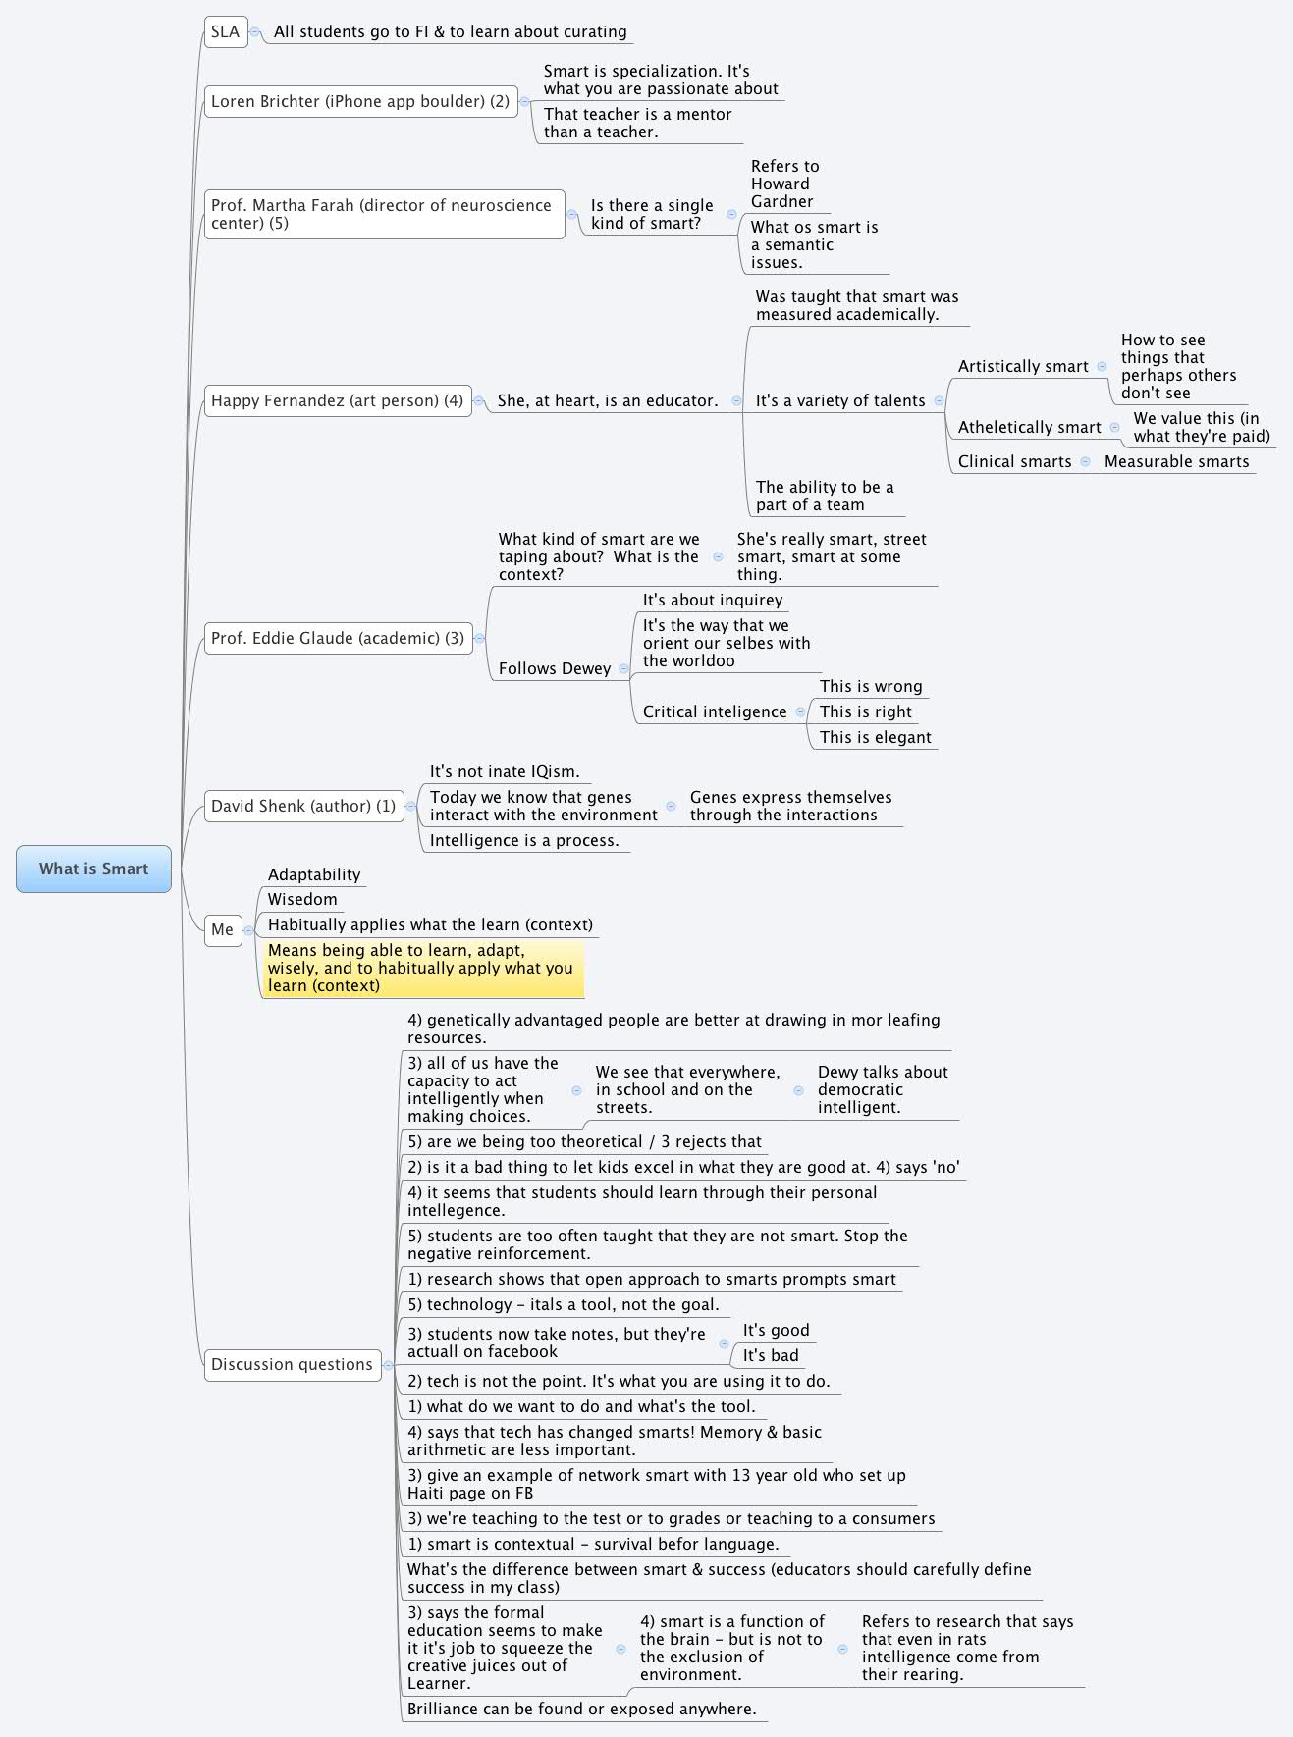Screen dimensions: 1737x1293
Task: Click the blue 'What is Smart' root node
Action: (93, 868)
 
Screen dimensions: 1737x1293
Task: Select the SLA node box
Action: (225, 31)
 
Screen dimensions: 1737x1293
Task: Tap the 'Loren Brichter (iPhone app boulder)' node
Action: (360, 101)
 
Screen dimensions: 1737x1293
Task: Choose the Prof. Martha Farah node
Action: (384, 214)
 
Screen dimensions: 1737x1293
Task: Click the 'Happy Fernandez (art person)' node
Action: (337, 400)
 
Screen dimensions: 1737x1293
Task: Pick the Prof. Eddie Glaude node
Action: (338, 638)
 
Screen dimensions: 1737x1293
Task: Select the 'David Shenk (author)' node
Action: (303, 806)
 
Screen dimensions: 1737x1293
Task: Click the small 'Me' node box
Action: (223, 929)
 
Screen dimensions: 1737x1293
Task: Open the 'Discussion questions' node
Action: (292, 1364)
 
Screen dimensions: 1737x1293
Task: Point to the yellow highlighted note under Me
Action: (422, 968)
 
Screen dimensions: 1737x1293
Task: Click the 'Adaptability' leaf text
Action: (314, 874)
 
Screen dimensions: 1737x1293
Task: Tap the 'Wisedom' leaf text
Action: (302, 899)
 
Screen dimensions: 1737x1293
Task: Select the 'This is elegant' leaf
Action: (875, 737)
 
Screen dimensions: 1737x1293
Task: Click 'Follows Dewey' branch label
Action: (555, 668)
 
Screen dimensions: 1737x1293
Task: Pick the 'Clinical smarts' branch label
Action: (1014, 461)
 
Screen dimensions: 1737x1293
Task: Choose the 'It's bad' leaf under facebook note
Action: (771, 1355)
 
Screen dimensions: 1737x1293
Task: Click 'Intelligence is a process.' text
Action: (524, 840)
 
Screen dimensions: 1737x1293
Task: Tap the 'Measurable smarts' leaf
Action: (1176, 461)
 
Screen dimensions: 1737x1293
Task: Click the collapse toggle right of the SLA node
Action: (255, 31)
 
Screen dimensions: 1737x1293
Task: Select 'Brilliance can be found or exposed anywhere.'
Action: (582, 1709)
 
